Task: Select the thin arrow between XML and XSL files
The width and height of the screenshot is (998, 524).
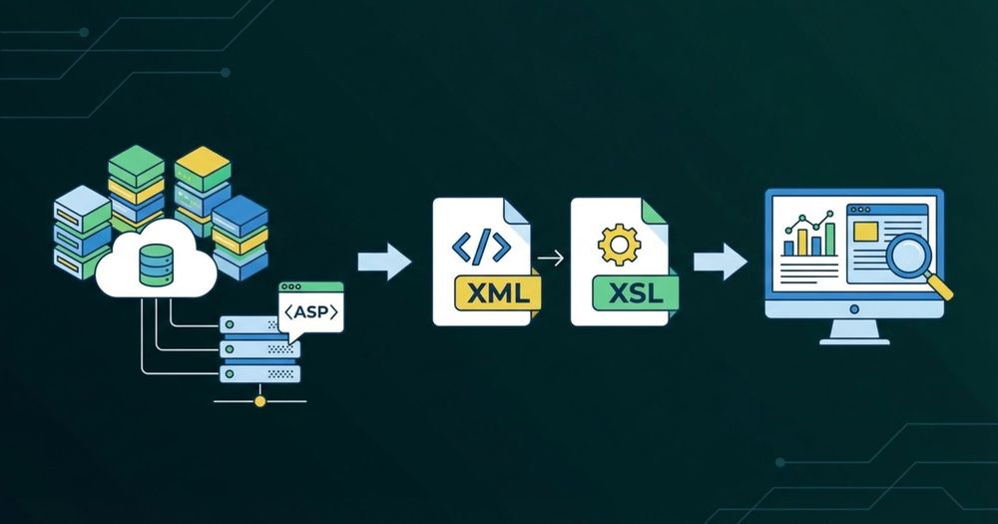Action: point(550,259)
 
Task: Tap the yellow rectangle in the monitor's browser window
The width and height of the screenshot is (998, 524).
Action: point(865,232)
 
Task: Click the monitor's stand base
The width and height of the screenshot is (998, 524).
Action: point(854,339)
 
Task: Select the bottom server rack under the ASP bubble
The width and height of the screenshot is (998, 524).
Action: point(258,372)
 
